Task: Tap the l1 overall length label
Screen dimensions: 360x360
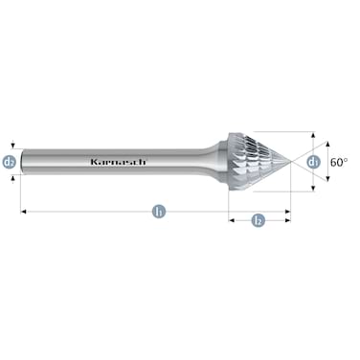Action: point(156,211)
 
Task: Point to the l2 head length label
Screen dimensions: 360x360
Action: point(258,220)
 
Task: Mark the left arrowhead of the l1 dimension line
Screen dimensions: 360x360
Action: point(23,211)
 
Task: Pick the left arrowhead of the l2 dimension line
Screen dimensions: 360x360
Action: point(230,220)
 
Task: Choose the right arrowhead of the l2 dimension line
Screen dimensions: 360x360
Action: point(288,220)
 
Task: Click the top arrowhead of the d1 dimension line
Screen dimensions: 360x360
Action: point(314,133)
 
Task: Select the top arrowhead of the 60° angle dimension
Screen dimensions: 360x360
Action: point(329,141)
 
